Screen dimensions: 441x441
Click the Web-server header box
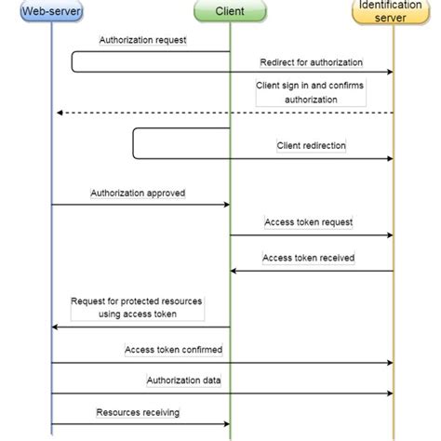click(51, 11)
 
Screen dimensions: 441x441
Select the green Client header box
click(230, 11)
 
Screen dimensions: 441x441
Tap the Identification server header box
click(394, 11)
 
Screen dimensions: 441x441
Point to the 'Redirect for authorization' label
click(312, 62)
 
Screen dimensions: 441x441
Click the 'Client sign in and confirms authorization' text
click(311, 91)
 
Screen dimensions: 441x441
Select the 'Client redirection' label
click(311, 146)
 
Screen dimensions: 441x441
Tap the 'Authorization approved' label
click(138, 194)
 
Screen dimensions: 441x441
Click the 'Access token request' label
click(308, 223)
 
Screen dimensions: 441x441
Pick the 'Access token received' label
click(308, 258)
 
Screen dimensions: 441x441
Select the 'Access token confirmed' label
click(173, 350)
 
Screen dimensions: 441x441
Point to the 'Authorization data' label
click(183, 381)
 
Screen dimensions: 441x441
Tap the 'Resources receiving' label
click(138, 411)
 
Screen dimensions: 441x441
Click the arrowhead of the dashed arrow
click(59, 113)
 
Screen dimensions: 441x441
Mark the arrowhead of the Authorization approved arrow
click(225, 205)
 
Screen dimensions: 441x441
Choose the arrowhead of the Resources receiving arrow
click(225, 424)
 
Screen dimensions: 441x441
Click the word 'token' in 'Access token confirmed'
click(172, 350)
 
